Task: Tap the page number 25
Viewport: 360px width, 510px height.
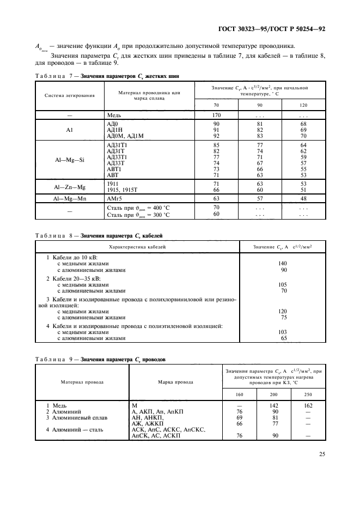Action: [x=321, y=452]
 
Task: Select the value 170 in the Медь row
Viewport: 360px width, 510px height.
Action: [x=216, y=115]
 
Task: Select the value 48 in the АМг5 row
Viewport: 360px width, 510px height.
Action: [x=303, y=198]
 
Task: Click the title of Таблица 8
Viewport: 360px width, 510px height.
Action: [x=99, y=235]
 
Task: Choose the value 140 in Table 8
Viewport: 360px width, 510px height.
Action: [x=282, y=264]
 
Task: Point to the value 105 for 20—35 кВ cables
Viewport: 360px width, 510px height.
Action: [x=282, y=284]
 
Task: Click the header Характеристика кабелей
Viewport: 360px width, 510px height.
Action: [x=137, y=247]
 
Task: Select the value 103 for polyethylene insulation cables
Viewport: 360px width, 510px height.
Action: [x=282, y=332]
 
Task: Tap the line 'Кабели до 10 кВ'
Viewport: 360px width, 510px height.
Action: [x=71, y=257]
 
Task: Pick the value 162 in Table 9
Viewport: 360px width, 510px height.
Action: [x=308, y=406]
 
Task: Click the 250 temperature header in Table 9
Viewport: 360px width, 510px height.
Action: [x=308, y=393]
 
